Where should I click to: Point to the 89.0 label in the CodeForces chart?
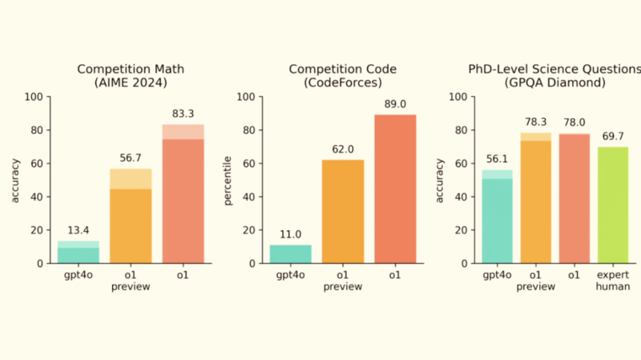click(396, 105)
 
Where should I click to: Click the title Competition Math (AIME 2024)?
click(130, 76)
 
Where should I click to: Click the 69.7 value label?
click(613, 137)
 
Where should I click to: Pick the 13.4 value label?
click(78, 231)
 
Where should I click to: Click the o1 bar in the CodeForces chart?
click(396, 188)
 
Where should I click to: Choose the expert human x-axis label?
click(613, 281)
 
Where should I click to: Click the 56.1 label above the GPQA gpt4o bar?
click(497, 160)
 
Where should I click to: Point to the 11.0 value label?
click(290, 235)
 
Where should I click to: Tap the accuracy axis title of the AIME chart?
click(16, 180)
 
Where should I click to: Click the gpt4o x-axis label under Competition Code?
click(290, 275)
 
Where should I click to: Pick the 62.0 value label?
click(343, 150)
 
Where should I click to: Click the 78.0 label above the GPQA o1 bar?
click(575, 123)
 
